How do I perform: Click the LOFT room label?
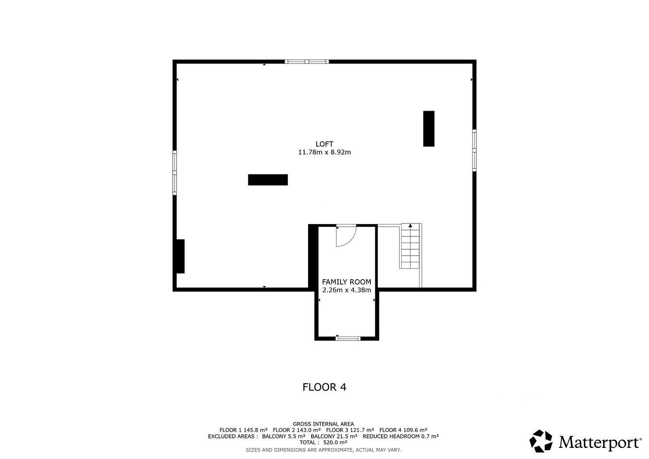click(324, 144)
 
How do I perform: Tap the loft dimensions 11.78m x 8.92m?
click(324, 152)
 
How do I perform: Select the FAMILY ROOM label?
click(347, 282)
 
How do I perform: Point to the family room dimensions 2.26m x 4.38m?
click(347, 290)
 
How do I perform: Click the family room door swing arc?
click(351, 241)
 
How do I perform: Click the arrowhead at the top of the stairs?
click(410, 225)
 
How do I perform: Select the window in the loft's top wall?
click(307, 62)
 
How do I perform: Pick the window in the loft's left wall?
click(175, 173)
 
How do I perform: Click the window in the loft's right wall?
click(474, 151)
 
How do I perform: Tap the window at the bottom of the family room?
click(348, 338)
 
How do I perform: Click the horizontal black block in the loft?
click(268, 179)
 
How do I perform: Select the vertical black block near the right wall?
click(429, 129)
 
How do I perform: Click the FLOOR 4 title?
click(324, 387)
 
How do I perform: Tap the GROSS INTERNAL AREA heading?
click(323, 424)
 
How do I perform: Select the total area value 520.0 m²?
click(335, 442)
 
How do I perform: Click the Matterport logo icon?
click(541, 441)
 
